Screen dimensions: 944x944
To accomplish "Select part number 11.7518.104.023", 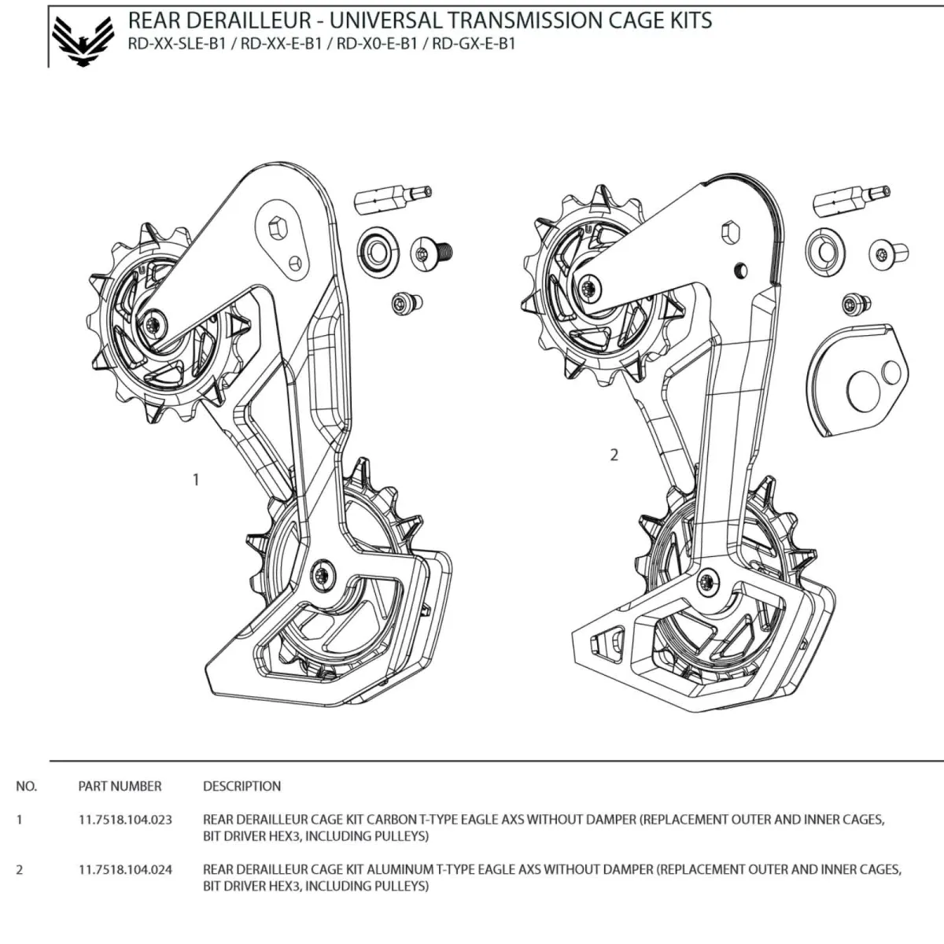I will (x=125, y=819).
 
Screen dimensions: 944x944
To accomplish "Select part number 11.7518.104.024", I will (x=125, y=869).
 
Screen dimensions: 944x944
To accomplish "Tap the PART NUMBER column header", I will (x=120, y=786).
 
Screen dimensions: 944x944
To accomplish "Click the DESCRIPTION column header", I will (x=242, y=786).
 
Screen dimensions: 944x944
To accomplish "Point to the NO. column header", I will (x=26, y=786).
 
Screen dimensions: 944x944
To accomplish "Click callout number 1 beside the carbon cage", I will (x=196, y=479).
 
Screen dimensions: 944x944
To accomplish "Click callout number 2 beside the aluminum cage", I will (x=614, y=455).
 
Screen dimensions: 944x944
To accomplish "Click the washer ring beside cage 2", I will (x=825, y=251).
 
